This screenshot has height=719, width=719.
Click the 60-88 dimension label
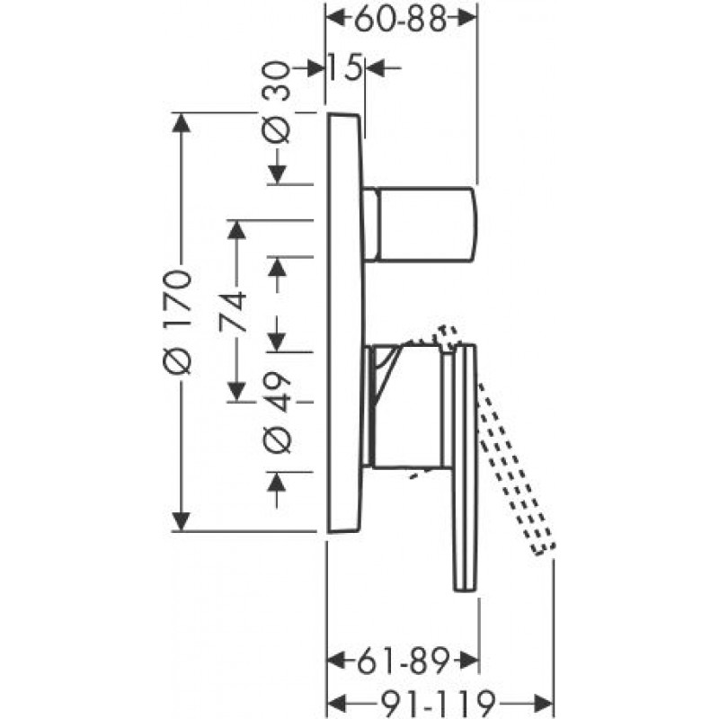pyautogui.click(x=400, y=20)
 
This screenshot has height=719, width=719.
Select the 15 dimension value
pyautogui.click(x=346, y=68)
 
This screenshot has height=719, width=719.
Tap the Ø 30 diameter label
pyautogui.click(x=277, y=102)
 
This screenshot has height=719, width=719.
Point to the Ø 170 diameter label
pyautogui.click(x=176, y=321)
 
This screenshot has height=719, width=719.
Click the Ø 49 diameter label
pyautogui.click(x=277, y=413)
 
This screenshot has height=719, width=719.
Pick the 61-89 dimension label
pyautogui.click(x=402, y=661)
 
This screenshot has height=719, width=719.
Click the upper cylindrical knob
pyautogui.click(x=420, y=224)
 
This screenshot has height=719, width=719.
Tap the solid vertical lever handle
pyautogui.click(x=466, y=467)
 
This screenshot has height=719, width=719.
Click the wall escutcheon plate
pyautogui.click(x=346, y=323)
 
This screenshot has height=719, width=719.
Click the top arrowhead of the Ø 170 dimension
pyautogui.click(x=182, y=122)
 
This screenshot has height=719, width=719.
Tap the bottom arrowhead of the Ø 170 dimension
pyautogui.click(x=182, y=522)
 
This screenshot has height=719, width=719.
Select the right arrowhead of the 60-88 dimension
pyautogui.click(x=466, y=19)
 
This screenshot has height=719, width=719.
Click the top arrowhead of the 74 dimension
pyautogui.click(x=236, y=230)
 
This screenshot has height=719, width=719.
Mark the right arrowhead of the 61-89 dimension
pyautogui.click(x=468, y=661)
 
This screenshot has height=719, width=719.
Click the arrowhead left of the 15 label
pyautogui.click(x=314, y=68)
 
